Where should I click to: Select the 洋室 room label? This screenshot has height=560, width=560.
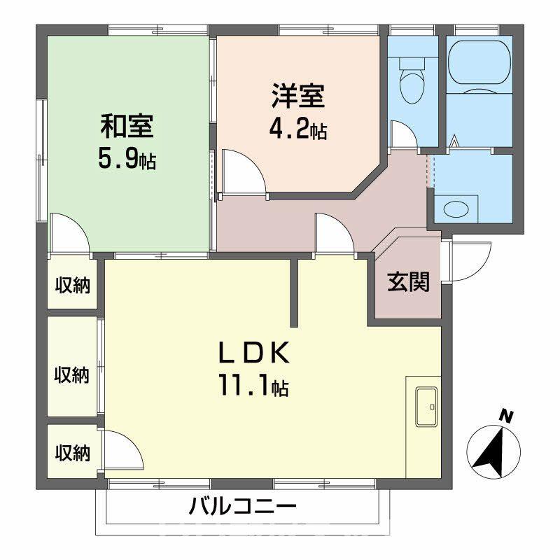tap(298, 96)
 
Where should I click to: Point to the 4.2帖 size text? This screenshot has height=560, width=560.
tap(298, 129)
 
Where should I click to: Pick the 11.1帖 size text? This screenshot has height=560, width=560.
tap(253, 386)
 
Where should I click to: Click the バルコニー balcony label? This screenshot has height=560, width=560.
tap(243, 506)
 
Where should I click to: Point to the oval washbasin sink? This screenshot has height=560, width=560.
tap(456, 209)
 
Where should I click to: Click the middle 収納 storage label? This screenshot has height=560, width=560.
tap(73, 374)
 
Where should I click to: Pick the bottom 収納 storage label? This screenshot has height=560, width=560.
tap(73, 452)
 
